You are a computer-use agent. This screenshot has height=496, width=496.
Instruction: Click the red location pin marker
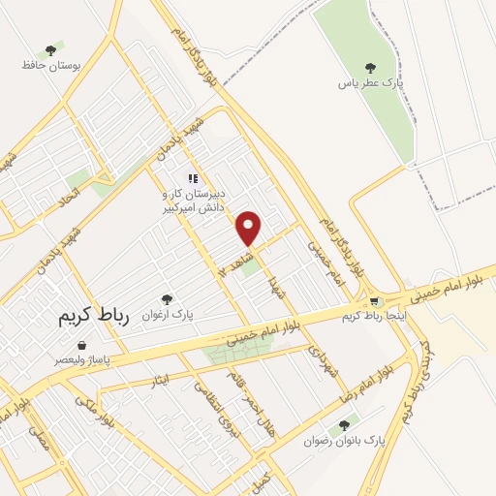pos(250,228)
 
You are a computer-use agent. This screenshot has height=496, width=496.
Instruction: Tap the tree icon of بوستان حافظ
pos(50,50)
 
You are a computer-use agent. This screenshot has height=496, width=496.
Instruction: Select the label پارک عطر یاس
pos(369,84)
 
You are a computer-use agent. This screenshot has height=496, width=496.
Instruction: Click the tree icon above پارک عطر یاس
pos(368,68)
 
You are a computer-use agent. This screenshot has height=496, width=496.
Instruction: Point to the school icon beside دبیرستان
pos(193,178)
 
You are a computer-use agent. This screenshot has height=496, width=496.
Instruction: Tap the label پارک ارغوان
pos(168,317)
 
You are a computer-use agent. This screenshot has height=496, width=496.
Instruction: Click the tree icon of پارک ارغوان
pos(167,300)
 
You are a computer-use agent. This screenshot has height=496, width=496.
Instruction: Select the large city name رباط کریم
pos(66,317)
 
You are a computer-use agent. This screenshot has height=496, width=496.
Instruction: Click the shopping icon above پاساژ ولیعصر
pos(81,344)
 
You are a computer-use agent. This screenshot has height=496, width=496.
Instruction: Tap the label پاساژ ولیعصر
pos(82,359)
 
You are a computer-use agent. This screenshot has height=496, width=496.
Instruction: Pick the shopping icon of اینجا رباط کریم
pos(376,301)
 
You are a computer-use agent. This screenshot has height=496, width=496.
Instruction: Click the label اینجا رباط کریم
pos(378,317)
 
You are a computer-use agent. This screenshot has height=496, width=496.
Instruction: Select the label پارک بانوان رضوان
pos(345,441)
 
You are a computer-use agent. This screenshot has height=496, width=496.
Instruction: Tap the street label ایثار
pos(162,376)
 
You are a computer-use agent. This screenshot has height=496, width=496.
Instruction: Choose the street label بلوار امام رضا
pos(360,385)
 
